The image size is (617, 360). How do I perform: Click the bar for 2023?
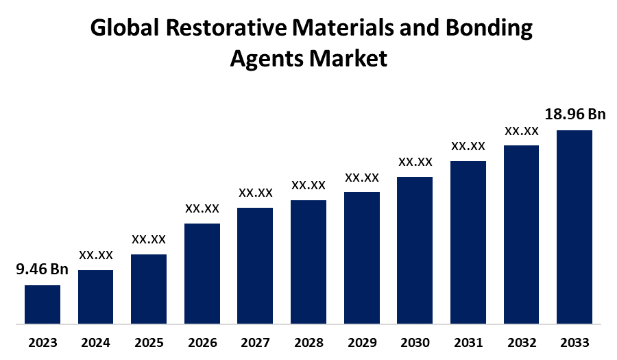point(43,304)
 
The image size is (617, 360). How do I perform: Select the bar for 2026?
point(202,273)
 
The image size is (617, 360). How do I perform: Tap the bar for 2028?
point(308,261)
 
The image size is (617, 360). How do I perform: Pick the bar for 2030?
point(415,250)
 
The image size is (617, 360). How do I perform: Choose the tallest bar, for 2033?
point(574,226)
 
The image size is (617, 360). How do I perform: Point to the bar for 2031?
point(468,241)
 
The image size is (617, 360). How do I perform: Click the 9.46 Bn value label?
point(43,269)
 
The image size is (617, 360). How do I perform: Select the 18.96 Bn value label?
point(574,114)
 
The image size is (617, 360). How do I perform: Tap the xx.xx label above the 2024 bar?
point(96,255)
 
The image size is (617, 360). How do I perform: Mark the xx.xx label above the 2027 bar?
point(256,193)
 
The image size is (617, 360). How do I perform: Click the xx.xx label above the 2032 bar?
point(522,130)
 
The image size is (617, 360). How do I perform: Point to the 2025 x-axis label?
point(149,342)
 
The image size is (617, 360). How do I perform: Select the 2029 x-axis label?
point(362,342)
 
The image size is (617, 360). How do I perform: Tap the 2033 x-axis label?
point(574,342)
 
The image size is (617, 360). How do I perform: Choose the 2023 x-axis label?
point(43,342)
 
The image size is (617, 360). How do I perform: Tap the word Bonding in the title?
point(489,28)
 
